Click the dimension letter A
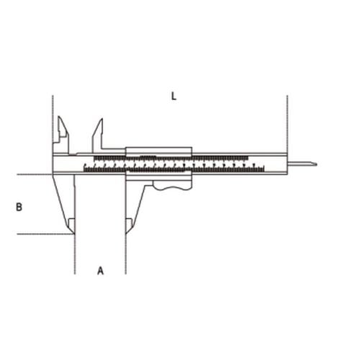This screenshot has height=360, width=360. tap(101, 271)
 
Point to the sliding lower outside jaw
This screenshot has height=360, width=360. tap(132, 202)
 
